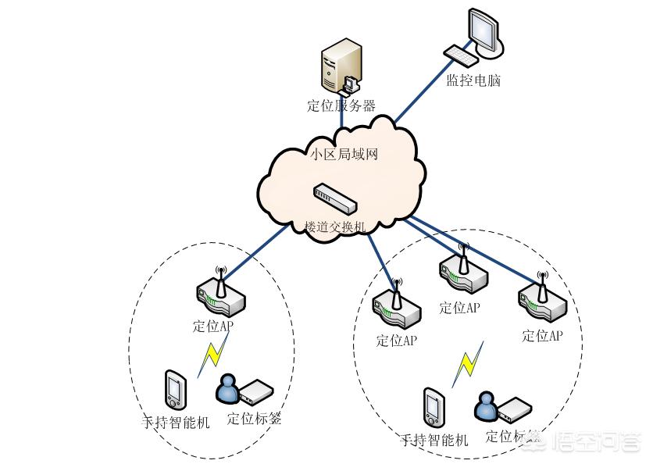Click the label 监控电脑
473,80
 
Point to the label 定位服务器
341,106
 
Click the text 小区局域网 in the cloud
344,154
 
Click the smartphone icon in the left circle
175,388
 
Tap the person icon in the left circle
228,388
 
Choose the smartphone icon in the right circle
433,405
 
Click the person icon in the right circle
485,405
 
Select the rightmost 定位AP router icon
541,301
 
